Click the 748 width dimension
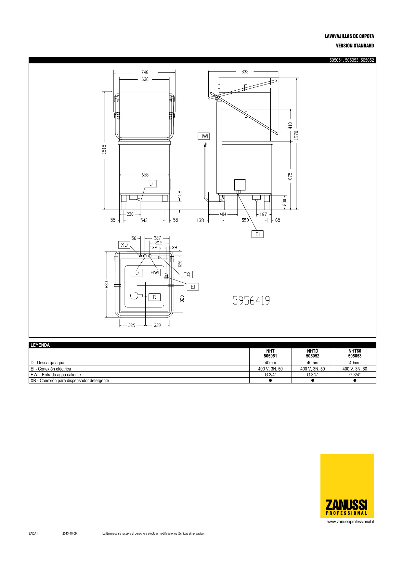click(x=145, y=72)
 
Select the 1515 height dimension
click(x=104, y=149)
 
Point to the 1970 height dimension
click(x=296, y=136)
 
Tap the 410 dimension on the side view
click(x=291, y=125)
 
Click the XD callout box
click(x=124, y=245)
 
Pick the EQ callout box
click(x=187, y=274)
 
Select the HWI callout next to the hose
click(x=204, y=136)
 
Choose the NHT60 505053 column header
click(x=355, y=354)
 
